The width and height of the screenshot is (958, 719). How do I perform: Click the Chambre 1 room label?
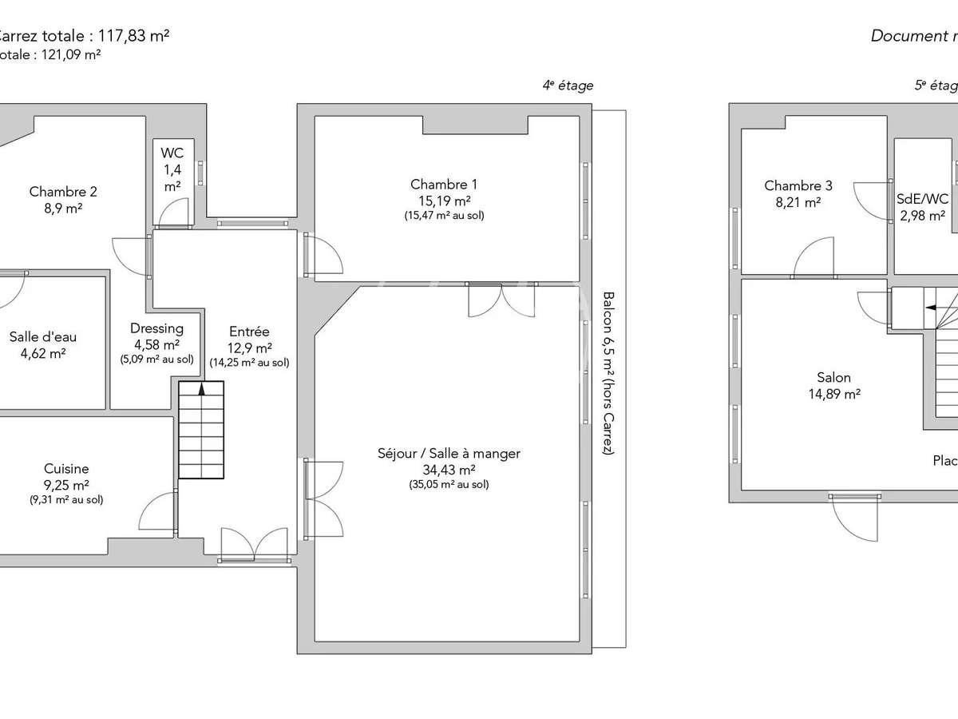[x=445, y=185]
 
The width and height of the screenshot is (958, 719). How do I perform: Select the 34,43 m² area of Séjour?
[x=449, y=470]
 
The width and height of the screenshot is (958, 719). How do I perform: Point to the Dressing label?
[x=156, y=328]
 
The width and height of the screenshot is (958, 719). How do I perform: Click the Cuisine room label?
[x=66, y=469]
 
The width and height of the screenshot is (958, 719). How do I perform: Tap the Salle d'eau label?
[x=38, y=336]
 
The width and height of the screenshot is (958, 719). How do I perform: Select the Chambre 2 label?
[x=63, y=192]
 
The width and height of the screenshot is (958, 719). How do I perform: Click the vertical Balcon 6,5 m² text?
[x=608, y=372]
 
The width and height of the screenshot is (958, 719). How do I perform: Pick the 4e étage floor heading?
[x=568, y=85]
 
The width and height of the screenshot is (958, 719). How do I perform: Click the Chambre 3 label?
[x=798, y=186]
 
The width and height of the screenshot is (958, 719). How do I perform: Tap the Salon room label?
[x=833, y=377]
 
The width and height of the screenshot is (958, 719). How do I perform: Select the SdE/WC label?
[x=923, y=198]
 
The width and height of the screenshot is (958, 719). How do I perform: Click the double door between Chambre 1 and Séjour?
[x=501, y=300]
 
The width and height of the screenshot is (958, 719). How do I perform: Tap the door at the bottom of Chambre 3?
[x=814, y=260]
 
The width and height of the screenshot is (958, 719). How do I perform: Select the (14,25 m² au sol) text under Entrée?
[x=249, y=362]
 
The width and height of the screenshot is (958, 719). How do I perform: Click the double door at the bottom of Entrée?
[x=254, y=543]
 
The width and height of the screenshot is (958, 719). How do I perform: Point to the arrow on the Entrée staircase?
[x=201, y=389]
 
